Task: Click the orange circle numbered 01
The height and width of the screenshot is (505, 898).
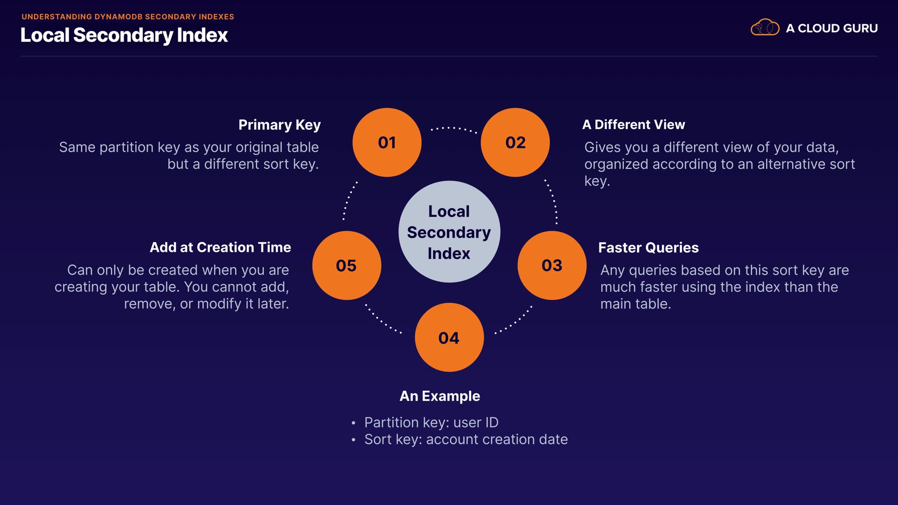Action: (387, 142)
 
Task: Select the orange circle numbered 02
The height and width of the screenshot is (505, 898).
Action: (515, 142)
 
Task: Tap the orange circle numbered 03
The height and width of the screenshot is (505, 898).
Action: (552, 265)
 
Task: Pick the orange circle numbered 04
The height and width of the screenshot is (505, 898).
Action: (449, 337)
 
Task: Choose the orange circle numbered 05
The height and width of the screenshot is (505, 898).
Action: (347, 265)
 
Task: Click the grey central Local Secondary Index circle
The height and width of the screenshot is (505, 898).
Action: (449, 231)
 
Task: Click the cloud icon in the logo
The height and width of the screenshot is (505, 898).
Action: (765, 28)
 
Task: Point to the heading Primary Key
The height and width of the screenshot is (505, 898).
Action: (279, 125)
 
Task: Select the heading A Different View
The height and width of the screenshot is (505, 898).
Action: (633, 124)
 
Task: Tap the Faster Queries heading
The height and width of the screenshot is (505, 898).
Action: (648, 247)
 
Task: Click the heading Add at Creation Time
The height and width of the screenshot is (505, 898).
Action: (220, 247)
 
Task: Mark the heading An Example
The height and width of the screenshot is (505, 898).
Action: (440, 396)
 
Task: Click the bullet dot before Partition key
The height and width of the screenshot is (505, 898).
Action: (354, 423)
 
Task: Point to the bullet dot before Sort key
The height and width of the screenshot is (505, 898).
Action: (354, 440)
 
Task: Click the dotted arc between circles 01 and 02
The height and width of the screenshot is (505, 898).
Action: (453, 128)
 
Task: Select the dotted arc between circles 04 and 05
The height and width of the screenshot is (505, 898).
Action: (383, 320)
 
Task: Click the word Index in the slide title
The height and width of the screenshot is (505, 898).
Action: (202, 35)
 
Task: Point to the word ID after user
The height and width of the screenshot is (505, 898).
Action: (492, 422)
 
